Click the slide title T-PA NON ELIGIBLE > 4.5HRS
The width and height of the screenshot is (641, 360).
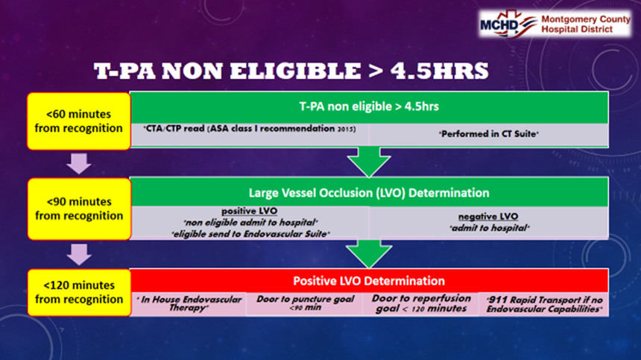291,71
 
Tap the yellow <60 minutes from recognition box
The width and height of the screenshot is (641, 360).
78,121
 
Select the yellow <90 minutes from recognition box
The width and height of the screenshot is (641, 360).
79,209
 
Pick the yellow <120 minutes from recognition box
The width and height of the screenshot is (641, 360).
79,292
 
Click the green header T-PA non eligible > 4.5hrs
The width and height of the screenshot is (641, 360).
369,107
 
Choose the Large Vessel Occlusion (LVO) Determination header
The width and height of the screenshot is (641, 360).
369,192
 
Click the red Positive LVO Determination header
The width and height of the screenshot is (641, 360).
369,281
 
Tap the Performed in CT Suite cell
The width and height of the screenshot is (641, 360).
488,134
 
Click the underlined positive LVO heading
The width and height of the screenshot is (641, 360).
250,211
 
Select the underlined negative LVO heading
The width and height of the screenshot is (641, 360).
488,217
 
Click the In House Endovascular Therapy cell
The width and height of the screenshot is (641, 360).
189,303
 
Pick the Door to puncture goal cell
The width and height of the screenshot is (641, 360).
305,303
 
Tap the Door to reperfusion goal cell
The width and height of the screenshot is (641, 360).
421,303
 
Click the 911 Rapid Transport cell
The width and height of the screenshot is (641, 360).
543,304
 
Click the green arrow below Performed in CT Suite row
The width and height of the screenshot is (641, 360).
369,162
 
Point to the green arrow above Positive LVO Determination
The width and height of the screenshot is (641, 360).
369,253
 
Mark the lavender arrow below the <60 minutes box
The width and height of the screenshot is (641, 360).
79,163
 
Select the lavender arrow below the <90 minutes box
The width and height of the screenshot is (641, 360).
79,254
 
